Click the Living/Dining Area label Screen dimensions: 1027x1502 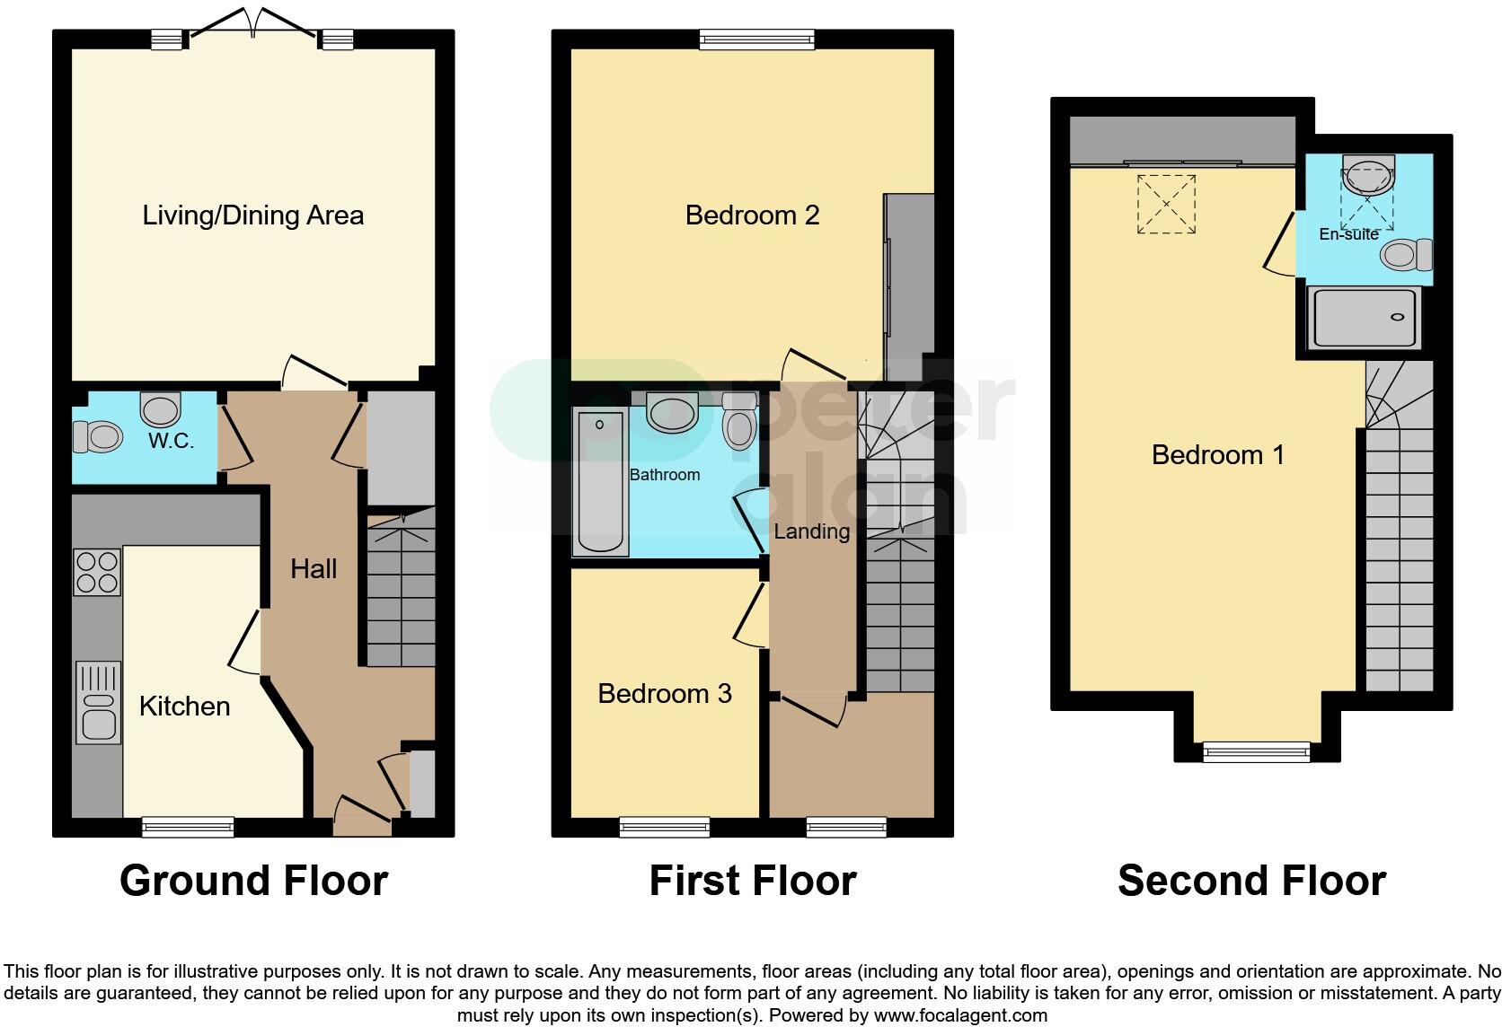tap(252, 215)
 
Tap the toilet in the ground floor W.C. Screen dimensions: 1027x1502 tap(98, 437)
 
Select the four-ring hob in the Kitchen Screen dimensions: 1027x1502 tap(97, 572)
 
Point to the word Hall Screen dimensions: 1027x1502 tap(314, 568)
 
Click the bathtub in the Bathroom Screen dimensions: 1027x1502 tap(600, 482)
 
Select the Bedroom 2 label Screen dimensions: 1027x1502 tap(752, 215)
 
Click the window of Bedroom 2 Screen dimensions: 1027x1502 tap(756, 39)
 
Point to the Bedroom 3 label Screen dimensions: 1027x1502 tap(664, 694)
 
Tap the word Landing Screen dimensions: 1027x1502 tap(811, 531)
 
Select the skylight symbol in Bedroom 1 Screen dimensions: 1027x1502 tap(1166, 205)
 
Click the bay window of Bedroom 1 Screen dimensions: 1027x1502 tap(1257, 751)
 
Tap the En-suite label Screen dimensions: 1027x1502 tap(1347, 234)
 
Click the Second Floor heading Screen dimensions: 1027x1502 tap(1250, 881)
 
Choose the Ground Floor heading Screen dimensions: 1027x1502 tap(253, 881)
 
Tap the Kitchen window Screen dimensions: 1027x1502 tap(188, 826)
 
